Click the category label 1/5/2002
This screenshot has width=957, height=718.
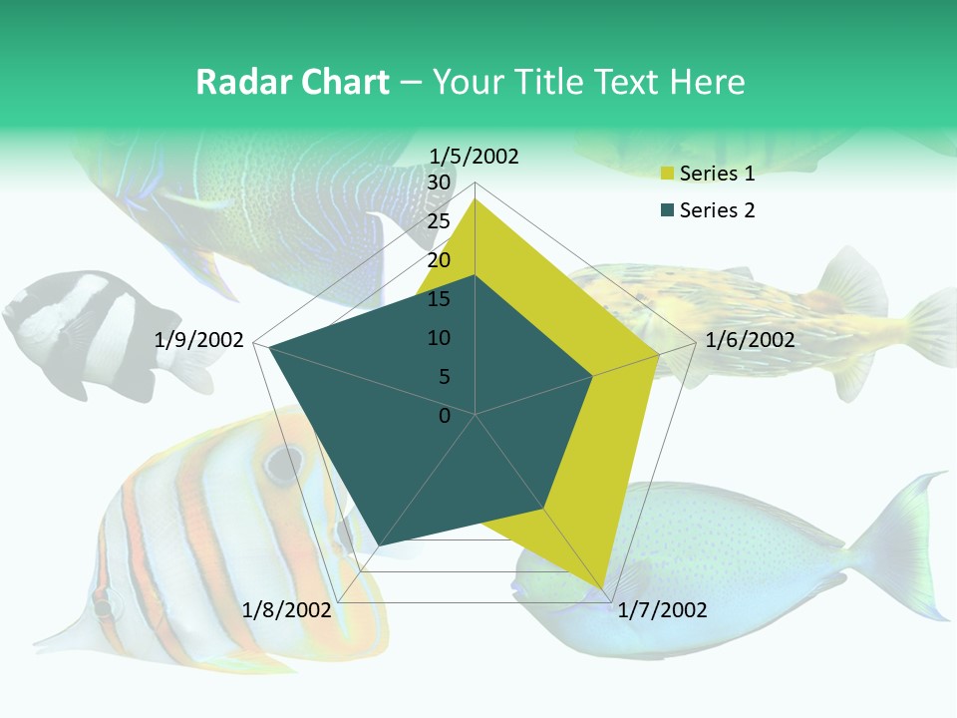click(x=474, y=156)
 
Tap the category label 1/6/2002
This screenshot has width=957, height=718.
click(x=750, y=340)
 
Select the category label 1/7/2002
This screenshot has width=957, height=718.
click(x=662, y=610)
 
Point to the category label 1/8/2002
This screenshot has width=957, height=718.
click(x=286, y=610)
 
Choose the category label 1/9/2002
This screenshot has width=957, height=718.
click(x=199, y=340)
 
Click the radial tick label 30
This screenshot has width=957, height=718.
click(x=439, y=182)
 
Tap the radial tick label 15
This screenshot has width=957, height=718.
click(x=439, y=299)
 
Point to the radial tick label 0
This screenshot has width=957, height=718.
click(x=445, y=416)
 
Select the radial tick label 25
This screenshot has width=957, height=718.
click(x=439, y=221)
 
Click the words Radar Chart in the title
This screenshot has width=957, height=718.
click(x=292, y=82)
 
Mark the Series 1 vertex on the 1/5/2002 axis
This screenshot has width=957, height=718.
click(x=476, y=198)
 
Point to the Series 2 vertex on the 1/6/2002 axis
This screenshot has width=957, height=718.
click(x=593, y=376)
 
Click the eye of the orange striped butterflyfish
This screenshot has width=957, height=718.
click(x=283, y=462)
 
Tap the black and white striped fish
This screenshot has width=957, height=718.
click(x=85, y=329)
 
